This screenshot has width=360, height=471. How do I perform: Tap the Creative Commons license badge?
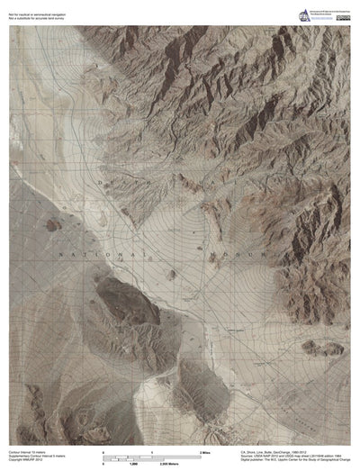point(343,17)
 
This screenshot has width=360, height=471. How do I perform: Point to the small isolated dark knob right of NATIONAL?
point(171,272)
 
